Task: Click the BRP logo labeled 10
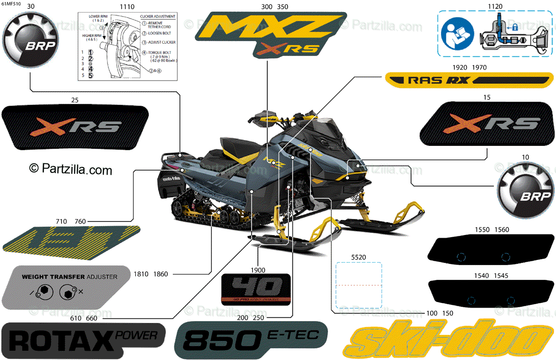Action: (x=524, y=190)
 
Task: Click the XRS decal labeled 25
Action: (x=76, y=127)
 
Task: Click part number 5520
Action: (x=358, y=256)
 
